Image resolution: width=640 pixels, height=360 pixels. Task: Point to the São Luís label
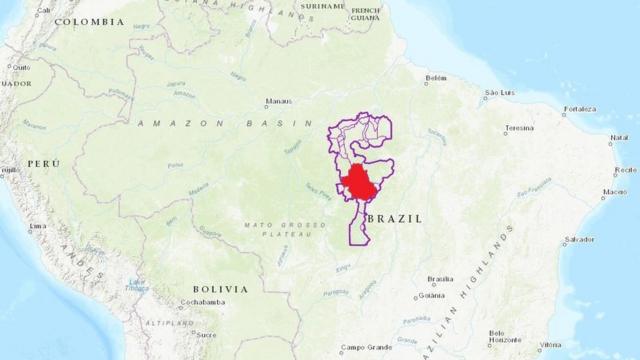[499, 93]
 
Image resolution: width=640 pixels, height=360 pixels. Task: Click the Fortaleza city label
[579, 108]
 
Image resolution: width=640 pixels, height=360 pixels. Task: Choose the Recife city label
[625, 170]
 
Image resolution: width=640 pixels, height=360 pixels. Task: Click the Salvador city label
[579, 240]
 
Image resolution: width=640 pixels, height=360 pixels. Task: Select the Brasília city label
[440, 279]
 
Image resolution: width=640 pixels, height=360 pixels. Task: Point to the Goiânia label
[431, 295]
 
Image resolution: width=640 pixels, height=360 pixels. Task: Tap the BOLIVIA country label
[222, 288]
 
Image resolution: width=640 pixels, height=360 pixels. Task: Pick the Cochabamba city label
[202, 301]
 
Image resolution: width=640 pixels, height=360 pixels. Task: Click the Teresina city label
[519, 128]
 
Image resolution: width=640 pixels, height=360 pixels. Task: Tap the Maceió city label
[615, 191]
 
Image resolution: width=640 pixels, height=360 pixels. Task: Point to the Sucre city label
[207, 334]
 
